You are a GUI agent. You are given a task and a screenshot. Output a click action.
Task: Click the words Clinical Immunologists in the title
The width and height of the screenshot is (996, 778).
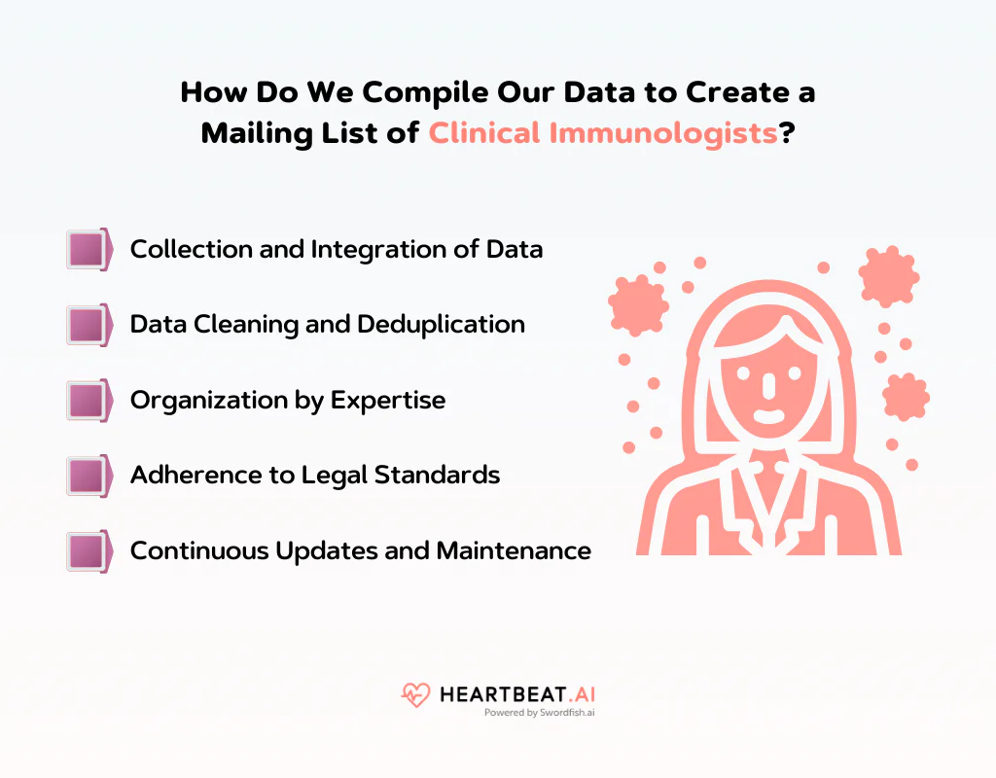click(x=603, y=132)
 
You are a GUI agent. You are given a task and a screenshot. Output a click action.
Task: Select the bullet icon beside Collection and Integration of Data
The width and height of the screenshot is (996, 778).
click(x=88, y=249)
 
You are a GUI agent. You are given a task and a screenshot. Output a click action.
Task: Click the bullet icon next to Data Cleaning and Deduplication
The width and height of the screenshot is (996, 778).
click(x=88, y=324)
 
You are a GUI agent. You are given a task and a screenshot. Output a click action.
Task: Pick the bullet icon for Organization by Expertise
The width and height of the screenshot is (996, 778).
click(x=88, y=400)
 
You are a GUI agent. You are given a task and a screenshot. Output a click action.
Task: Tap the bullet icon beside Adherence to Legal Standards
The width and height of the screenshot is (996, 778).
click(x=88, y=476)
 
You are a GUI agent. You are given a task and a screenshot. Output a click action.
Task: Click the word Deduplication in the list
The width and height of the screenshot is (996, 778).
click(x=441, y=324)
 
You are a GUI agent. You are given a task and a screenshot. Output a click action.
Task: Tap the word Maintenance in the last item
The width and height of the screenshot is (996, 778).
click(x=514, y=551)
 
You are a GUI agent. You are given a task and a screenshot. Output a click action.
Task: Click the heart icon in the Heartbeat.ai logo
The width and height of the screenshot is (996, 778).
click(x=415, y=694)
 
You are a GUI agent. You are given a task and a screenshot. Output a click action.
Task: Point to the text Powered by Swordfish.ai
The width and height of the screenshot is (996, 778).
click(x=539, y=713)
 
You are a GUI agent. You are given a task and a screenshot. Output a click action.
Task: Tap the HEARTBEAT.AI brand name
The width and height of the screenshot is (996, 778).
click(x=516, y=693)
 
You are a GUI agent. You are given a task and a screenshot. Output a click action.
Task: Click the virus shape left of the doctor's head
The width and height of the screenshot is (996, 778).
click(x=639, y=303)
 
